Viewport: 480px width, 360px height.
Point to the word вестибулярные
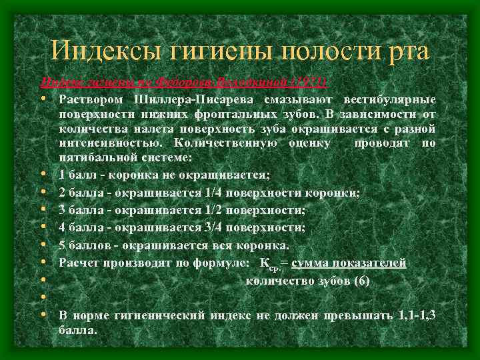[x=390, y=100]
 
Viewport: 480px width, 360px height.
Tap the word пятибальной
[x=93, y=157]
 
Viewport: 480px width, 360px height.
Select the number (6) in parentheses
[x=358, y=280]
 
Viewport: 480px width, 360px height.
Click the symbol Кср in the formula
[x=269, y=264]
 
